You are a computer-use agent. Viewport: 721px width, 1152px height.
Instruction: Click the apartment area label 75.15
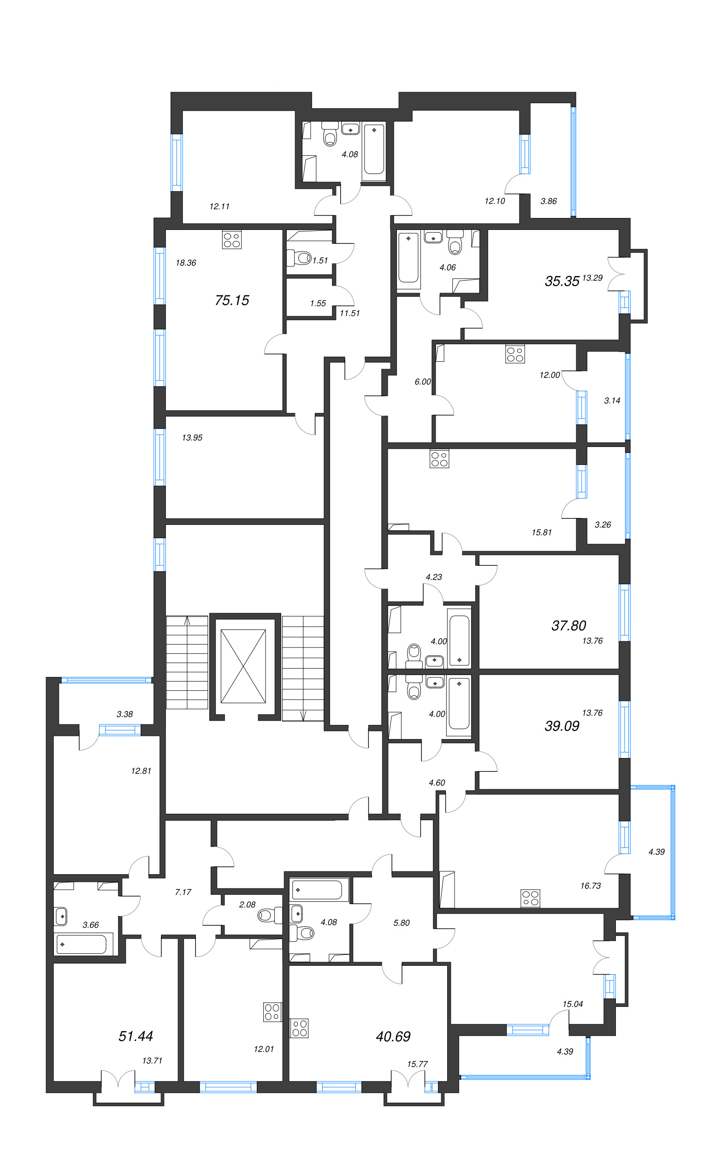[x=232, y=300]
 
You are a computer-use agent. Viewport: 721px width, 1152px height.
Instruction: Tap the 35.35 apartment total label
[x=562, y=281]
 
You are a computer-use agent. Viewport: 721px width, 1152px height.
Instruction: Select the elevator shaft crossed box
[x=243, y=666]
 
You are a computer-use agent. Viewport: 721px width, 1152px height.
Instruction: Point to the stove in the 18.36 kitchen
[x=232, y=240]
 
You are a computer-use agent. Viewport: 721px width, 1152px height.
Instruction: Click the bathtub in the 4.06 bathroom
[x=408, y=258]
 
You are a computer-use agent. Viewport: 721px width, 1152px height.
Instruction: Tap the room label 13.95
[x=192, y=438]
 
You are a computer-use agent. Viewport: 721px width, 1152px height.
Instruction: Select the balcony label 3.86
[x=549, y=201]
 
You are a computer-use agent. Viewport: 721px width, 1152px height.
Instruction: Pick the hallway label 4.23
[x=433, y=577]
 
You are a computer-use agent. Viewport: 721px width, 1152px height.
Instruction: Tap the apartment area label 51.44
[x=136, y=1036]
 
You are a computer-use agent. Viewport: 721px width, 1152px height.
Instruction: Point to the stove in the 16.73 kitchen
[x=530, y=898]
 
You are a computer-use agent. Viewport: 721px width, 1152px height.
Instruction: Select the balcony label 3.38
[x=124, y=714]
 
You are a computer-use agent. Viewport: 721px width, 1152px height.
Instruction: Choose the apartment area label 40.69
[x=393, y=1036]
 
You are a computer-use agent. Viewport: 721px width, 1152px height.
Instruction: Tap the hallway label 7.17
[x=183, y=892]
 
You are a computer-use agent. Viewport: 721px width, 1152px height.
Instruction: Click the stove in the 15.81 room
[x=439, y=458]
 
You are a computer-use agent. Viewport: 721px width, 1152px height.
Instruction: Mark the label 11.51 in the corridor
[x=349, y=313]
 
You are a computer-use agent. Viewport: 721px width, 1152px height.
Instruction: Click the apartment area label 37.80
[x=568, y=625]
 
